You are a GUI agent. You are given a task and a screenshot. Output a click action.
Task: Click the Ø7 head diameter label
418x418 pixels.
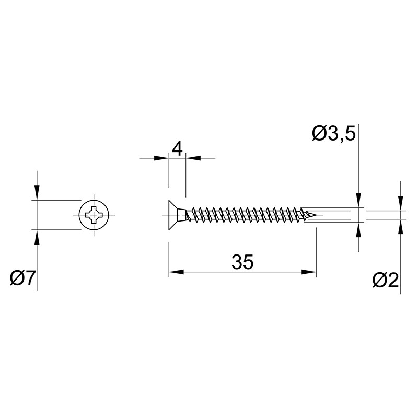22,278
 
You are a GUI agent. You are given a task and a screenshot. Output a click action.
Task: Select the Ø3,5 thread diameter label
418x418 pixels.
334,134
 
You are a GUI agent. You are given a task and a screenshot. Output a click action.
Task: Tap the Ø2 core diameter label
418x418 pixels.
386,280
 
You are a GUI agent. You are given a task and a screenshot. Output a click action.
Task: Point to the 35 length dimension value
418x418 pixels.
242,262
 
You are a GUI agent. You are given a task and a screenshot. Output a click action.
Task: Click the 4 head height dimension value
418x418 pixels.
177,149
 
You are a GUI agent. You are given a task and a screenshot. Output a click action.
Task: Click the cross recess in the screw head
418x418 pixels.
94,215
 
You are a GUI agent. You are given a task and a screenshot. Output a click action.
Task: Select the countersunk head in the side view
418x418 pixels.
177,215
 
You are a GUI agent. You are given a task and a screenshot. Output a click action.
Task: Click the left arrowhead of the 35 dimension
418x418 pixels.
176,272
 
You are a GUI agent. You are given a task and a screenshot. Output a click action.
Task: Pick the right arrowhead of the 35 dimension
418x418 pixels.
309,272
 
